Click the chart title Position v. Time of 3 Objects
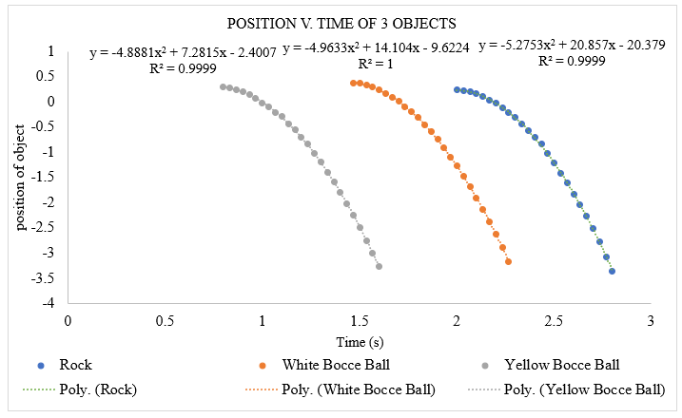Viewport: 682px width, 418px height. click(340, 23)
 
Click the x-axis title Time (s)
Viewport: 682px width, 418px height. click(359, 340)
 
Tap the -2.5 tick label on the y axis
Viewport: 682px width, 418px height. click(43, 227)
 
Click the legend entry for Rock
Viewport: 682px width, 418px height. click(75, 364)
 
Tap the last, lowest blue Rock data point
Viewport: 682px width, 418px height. click(612, 271)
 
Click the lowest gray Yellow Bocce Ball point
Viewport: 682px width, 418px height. click(379, 266)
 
